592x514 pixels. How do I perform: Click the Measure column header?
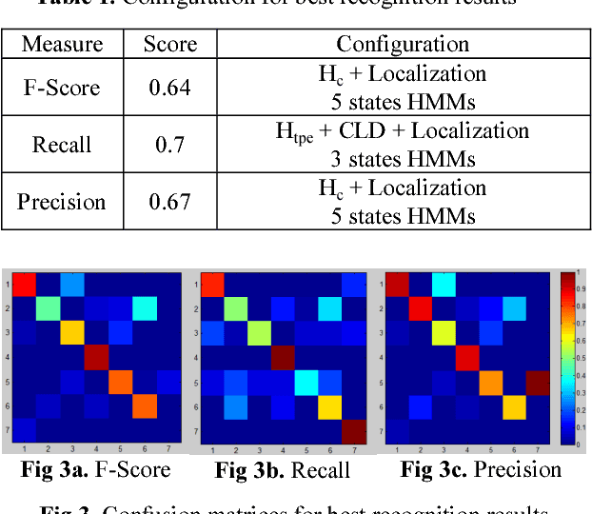(x=63, y=45)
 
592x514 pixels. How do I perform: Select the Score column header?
(x=170, y=45)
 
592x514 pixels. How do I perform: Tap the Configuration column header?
(x=403, y=45)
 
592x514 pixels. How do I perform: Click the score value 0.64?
(x=170, y=88)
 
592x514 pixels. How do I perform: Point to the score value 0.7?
(x=170, y=145)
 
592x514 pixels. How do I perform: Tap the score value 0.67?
(x=170, y=202)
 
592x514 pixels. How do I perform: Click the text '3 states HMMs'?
(x=403, y=158)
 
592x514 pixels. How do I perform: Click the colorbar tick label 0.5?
(x=574, y=360)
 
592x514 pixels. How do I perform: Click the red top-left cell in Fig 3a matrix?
(x=24, y=285)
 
